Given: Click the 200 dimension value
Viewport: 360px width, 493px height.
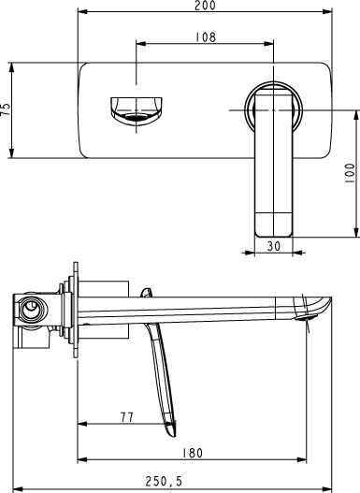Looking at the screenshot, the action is (205, 6).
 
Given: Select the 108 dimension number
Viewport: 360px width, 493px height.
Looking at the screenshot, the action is (206, 37).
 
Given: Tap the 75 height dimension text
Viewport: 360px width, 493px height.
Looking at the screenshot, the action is (6, 109).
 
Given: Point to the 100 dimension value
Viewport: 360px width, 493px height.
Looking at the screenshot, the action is (350, 173).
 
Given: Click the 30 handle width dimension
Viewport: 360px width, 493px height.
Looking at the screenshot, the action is (274, 246).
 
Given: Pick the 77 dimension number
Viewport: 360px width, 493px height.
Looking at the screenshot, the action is (127, 417).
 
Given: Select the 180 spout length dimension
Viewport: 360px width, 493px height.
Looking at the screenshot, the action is (193, 453).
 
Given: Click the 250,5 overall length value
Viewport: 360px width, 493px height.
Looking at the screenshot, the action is (164, 481).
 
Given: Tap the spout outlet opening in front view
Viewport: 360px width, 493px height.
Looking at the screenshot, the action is (136, 117).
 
